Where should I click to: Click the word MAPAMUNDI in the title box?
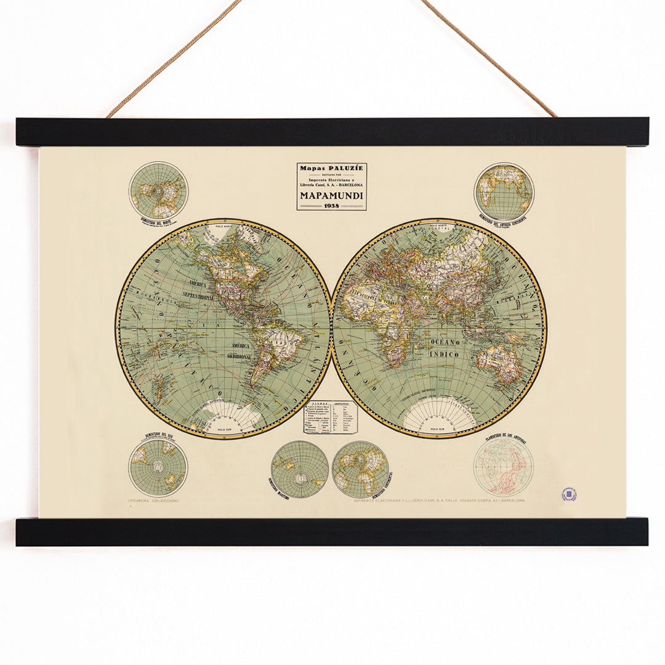click(x=331, y=195)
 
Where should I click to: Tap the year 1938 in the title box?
click(x=331, y=206)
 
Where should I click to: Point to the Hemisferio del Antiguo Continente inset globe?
click(x=504, y=191)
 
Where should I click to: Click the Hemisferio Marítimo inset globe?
click(x=299, y=469)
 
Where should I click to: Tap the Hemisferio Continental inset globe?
click(x=360, y=469)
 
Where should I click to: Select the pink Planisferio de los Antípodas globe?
click(x=504, y=467)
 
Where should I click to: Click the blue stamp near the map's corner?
click(x=569, y=494)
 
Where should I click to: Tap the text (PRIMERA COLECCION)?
click(x=153, y=501)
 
